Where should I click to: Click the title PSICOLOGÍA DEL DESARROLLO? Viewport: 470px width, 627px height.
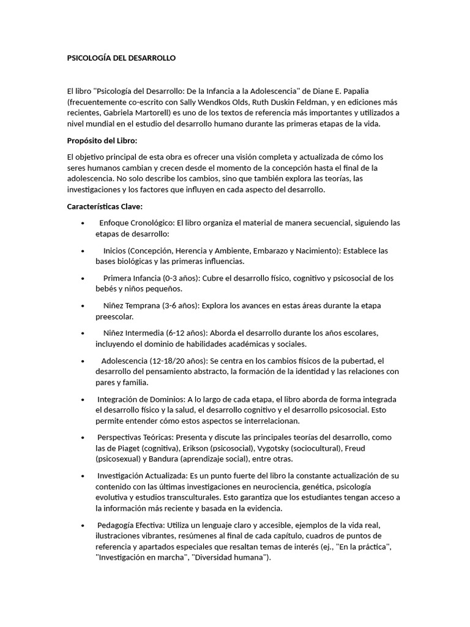pos(121,58)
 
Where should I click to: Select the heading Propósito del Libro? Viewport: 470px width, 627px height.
pos(103,140)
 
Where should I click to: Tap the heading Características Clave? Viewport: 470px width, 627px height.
pos(105,206)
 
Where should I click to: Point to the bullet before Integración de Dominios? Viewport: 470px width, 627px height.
pos(83,400)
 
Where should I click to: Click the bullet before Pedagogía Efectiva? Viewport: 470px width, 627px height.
pos(83,525)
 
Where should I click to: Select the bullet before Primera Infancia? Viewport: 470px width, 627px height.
pos(83,279)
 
